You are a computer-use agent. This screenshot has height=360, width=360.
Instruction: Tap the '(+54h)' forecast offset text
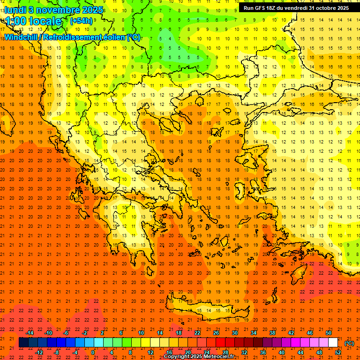tap(81, 21)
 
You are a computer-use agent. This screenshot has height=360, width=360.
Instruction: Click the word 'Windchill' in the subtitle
tap(21, 37)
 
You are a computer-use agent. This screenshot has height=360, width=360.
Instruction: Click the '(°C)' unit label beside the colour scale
tap(349, 344)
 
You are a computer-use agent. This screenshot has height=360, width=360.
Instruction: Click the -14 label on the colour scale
tap(30, 333)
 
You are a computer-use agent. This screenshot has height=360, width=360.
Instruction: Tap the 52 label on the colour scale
tap(338, 352)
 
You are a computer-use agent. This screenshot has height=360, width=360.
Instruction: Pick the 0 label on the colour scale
tap(93, 352)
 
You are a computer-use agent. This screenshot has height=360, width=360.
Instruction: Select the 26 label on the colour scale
tap(216, 333)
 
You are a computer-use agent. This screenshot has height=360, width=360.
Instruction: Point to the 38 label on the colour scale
tap(272, 333)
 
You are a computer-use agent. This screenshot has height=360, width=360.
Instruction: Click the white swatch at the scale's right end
tap(333, 343)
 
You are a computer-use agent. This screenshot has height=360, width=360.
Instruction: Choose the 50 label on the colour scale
tap(329, 333)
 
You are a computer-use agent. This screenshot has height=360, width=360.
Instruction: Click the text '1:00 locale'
tap(34, 21)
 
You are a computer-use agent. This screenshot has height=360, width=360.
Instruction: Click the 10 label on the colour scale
tap(141, 333)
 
